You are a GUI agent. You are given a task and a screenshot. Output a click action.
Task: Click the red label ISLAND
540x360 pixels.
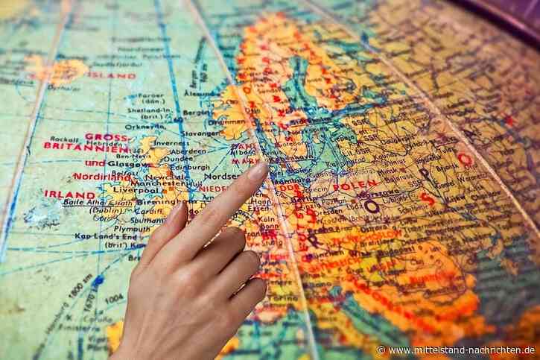point(111,75)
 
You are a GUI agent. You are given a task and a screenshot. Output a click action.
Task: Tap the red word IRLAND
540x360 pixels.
point(69,194)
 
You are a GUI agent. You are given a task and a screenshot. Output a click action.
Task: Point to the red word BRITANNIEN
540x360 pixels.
point(74,147)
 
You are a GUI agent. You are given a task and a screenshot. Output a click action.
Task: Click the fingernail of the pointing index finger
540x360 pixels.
point(257,171)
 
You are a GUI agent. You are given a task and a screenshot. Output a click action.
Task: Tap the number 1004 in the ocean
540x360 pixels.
point(114,298)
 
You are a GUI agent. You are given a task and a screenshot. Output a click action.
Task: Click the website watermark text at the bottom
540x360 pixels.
point(461,349)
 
